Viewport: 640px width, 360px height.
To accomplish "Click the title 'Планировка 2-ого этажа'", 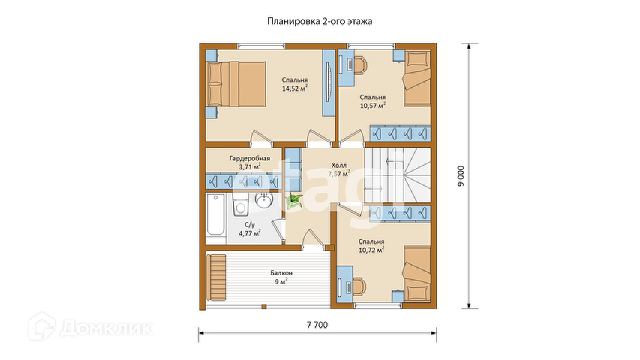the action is click(x=320, y=21).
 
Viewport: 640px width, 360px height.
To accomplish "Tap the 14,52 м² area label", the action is click(x=295, y=88).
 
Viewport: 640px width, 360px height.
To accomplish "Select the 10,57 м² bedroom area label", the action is click(x=373, y=105).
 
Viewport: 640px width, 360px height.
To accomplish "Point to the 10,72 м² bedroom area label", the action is click(x=371, y=250).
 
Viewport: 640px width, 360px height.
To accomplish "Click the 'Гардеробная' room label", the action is click(x=249, y=158).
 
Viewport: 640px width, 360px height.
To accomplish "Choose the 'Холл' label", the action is click(x=339, y=165).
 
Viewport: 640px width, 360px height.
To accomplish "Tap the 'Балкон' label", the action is click(x=281, y=273).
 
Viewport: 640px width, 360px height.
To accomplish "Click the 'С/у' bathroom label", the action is click(x=249, y=225).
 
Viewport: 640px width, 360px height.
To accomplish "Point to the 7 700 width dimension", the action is click(x=317, y=325).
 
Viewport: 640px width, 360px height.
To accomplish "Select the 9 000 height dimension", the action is click(x=461, y=176).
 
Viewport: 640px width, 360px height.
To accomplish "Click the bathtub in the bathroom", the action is click(x=215, y=215).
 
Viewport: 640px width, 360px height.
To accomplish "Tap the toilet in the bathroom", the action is click(x=240, y=205).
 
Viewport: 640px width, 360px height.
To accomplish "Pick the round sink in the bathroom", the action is click(x=265, y=200).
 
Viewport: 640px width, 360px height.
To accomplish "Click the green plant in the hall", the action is click(x=294, y=201).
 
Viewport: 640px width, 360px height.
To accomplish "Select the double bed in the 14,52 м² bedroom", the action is click(x=236, y=84).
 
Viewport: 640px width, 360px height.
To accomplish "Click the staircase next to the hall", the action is click(x=398, y=175).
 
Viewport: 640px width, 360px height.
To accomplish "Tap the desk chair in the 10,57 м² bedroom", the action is click(x=360, y=64).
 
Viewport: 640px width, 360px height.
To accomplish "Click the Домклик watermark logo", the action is click(x=91, y=326).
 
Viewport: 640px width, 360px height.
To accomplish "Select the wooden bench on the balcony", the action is click(x=216, y=277).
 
